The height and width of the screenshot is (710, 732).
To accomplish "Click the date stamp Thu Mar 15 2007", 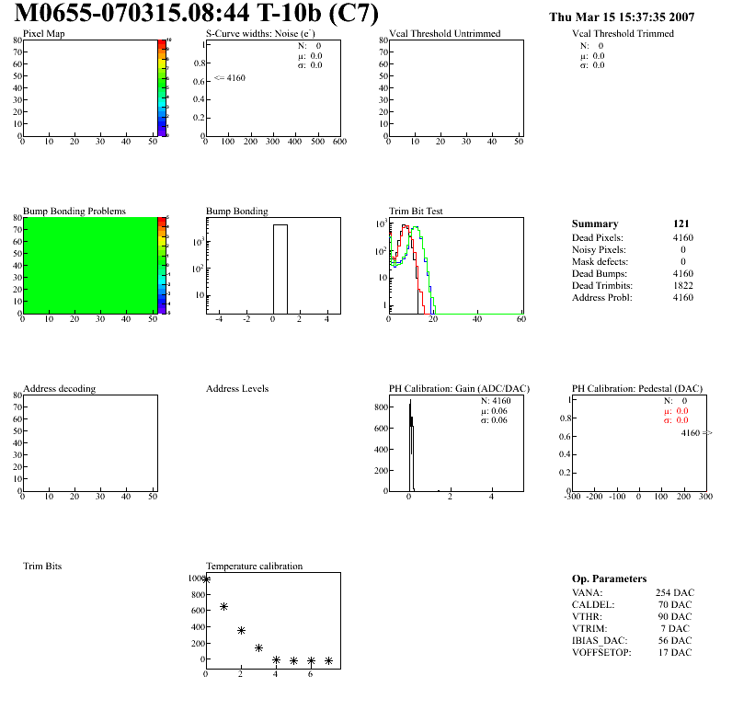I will (x=621, y=17).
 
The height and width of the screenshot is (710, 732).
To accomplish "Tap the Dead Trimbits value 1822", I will (x=682, y=285).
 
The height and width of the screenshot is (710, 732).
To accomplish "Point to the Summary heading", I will (x=595, y=223).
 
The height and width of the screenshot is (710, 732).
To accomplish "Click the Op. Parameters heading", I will (x=609, y=578).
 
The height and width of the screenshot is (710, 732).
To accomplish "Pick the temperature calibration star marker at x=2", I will (x=241, y=631).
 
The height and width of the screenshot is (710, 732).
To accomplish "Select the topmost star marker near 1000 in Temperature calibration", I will (x=206, y=579).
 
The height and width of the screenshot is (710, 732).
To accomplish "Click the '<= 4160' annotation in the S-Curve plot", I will (x=230, y=78).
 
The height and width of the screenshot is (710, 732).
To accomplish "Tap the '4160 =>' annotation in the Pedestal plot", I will (x=696, y=432).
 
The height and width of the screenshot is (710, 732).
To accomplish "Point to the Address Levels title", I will (x=237, y=389).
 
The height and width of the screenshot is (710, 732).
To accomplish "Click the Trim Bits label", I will (x=42, y=567).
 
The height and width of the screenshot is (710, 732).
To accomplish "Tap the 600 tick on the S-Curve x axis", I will (x=339, y=143).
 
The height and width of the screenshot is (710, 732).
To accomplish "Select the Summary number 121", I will (x=681, y=223).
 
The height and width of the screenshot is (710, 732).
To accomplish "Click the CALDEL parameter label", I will (x=593, y=605).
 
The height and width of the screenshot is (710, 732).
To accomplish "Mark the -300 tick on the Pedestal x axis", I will (x=572, y=497).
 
